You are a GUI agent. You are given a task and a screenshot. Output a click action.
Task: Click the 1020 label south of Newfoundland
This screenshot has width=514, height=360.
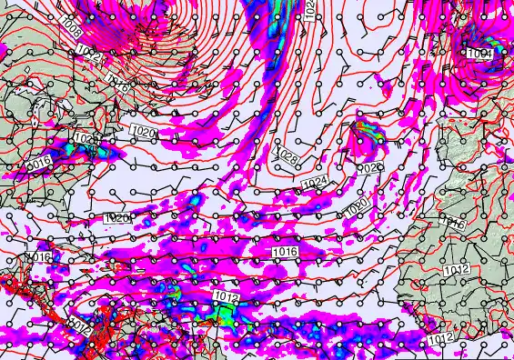144,134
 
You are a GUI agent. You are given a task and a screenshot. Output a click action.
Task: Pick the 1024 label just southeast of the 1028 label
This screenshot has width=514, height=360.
313,183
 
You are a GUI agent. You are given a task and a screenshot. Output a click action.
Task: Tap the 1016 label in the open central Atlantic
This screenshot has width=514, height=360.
285,251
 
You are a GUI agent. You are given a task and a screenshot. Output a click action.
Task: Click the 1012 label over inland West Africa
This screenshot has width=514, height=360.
457,271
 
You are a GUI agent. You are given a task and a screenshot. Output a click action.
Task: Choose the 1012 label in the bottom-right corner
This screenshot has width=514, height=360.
440,338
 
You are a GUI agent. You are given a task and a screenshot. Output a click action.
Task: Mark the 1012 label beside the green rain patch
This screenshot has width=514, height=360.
225,296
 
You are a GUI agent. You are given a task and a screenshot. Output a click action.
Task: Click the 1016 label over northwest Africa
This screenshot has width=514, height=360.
452,223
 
